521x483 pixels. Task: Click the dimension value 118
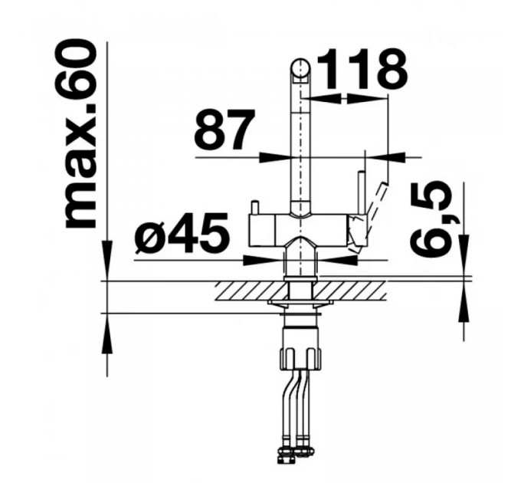point(362,69)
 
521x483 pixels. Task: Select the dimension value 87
point(224,130)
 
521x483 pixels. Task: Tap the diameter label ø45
point(182,232)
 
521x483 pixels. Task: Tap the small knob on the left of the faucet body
point(255,208)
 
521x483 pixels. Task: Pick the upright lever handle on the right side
point(362,192)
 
